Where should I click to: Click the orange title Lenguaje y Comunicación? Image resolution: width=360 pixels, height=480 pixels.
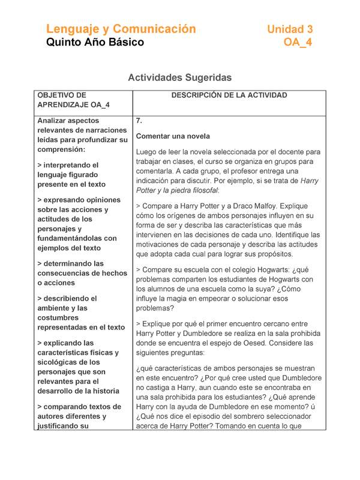click(x=121, y=29)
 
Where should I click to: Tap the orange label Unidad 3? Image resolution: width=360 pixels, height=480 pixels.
click(x=290, y=29)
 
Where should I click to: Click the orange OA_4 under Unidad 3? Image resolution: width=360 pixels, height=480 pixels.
click(x=298, y=43)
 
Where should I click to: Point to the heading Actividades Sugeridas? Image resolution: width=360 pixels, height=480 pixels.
click(x=179, y=77)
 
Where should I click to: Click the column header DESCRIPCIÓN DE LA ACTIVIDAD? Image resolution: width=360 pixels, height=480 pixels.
click(x=229, y=95)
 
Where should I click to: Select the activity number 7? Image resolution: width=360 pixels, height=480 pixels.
click(x=139, y=121)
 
